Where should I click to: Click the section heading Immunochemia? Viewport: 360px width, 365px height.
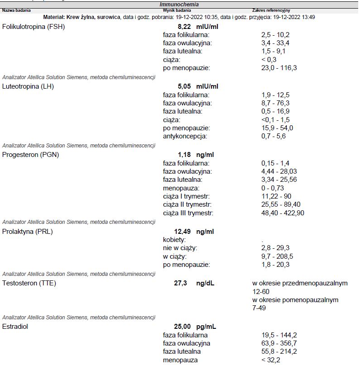point(179,4)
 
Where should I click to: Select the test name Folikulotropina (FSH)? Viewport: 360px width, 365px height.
point(34,27)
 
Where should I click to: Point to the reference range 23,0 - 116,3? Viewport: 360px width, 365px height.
point(279,68)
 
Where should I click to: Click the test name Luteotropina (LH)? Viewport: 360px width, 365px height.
point(28,86)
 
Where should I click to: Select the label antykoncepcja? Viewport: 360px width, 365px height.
point(185,136)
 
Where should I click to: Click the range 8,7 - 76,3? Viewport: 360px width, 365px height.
point(275,103)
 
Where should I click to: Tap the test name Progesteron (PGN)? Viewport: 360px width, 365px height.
point(31,155)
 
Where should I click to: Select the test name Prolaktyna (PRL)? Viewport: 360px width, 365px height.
point(28,232)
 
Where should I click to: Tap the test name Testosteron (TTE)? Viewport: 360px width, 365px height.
point(29,283)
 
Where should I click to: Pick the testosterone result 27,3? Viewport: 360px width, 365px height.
point(181,283)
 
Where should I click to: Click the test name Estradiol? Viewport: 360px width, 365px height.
point(15,327)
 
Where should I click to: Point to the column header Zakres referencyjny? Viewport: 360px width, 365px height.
point(271,10)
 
